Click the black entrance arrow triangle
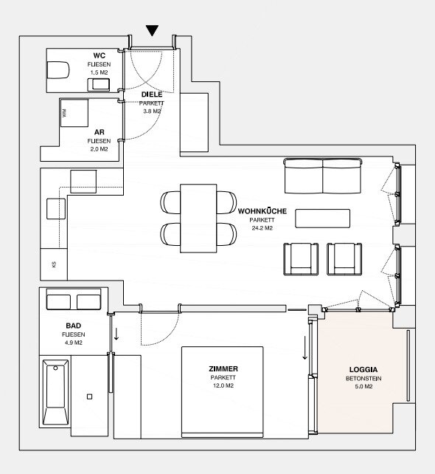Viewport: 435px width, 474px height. pyautogui.click(x=152, y=30)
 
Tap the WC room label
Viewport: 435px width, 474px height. pyautogui.click(x=100, y=55)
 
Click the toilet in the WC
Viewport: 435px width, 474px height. pyautogui.click(x=58, y=70)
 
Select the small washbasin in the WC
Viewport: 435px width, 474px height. pyautogui.click(x=99, y=85)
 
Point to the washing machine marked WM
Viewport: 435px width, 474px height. pyautogui.click(x=74, y=113)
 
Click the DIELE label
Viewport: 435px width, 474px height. pyautogui.click(x=152, y=95)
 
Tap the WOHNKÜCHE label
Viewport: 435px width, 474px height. pyautogui.click(x=262, y=211)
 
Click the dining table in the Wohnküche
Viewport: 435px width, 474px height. pyautogui.click(x=198, y=219)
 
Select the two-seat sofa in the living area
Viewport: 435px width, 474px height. pyautogui.click(x=323, y=176)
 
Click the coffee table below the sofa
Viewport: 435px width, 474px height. pyautogui.click(x=323, y=219)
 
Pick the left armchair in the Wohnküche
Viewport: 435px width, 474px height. pyautogui.click(x=301, y=259)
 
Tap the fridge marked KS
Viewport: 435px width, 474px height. pyautogui.click(x=54, y=264)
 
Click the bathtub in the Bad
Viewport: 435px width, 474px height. pyautogui.click(x=55, y=392)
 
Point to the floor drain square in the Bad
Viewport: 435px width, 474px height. pyautogui.click(x=89, y=396)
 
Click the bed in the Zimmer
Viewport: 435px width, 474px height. pyautogui.click(x=222, y=392)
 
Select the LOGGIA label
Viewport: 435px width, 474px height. pyautogui.click(x=363, y=369)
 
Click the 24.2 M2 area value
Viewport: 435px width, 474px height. pyautogui.click(x=262, y=228)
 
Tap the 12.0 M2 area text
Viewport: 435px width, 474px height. pyautogui.click(x=223, y=385)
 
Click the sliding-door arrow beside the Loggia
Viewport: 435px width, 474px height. pyautogui.click(x=305, y=348)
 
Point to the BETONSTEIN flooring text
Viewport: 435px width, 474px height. pyautogui.click(x=363, y=379)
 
